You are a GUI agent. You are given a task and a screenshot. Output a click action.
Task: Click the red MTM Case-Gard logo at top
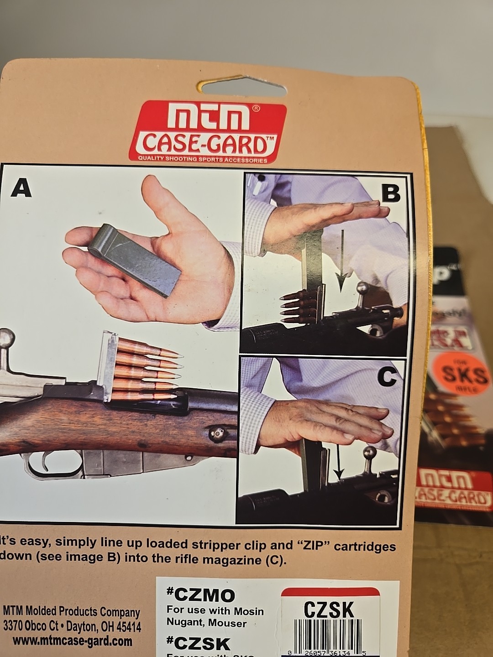click(207, 132)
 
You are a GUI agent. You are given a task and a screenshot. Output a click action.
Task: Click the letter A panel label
click(21, 188)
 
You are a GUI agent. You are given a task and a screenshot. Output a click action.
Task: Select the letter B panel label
click(390, 194)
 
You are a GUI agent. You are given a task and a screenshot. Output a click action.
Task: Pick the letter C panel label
click(387, 377)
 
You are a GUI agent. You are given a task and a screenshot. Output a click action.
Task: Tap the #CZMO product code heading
click(201, 595)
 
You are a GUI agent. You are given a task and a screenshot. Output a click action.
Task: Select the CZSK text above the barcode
click(329, 610)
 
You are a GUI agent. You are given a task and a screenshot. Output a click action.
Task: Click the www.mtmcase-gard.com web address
click(72, 641)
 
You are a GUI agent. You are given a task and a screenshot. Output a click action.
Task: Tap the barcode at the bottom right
click(329, 636)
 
